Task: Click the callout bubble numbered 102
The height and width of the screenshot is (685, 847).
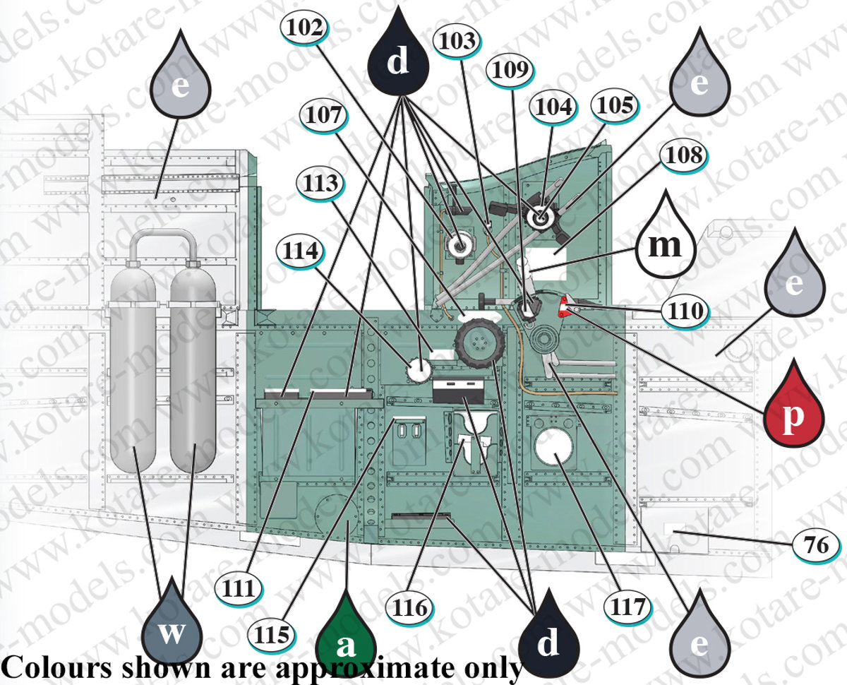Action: point(305,28)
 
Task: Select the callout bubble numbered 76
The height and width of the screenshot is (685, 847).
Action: point(817,544)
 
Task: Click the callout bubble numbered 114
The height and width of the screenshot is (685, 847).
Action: point(300,251)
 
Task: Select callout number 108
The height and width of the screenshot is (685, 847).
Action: point(684,155)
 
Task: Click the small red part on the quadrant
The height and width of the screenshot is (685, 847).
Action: point(564,306)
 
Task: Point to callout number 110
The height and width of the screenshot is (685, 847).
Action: point(685,311)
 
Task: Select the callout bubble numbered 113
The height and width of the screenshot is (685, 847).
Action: point(320,184)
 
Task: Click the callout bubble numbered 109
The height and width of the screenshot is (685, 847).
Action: point(510,70)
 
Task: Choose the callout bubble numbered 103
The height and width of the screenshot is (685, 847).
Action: point(457,42)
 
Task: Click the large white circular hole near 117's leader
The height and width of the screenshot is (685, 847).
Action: point(554,447)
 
